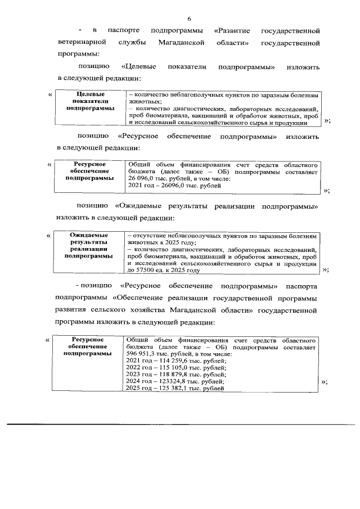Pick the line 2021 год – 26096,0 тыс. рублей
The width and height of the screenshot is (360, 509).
point(174,184)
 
